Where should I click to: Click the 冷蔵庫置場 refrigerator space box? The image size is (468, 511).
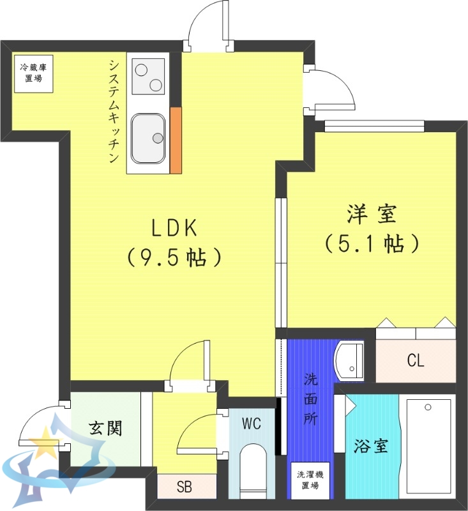pos(30,73)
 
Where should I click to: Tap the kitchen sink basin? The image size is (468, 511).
pos(148,138)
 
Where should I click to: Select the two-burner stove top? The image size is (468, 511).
pos(148,76)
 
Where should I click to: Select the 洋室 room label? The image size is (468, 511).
pos(372,215)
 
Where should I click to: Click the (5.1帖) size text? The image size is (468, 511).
pos(372,243)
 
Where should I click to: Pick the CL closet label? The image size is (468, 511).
pos(415,361)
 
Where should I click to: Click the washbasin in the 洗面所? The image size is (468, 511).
pos(349,361)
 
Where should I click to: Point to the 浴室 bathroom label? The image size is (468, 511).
pos(370,446)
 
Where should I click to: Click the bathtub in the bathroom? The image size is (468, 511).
pos(426,447)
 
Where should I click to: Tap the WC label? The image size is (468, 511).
pos(252,423)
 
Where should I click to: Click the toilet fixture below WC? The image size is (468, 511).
pos(252,473)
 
